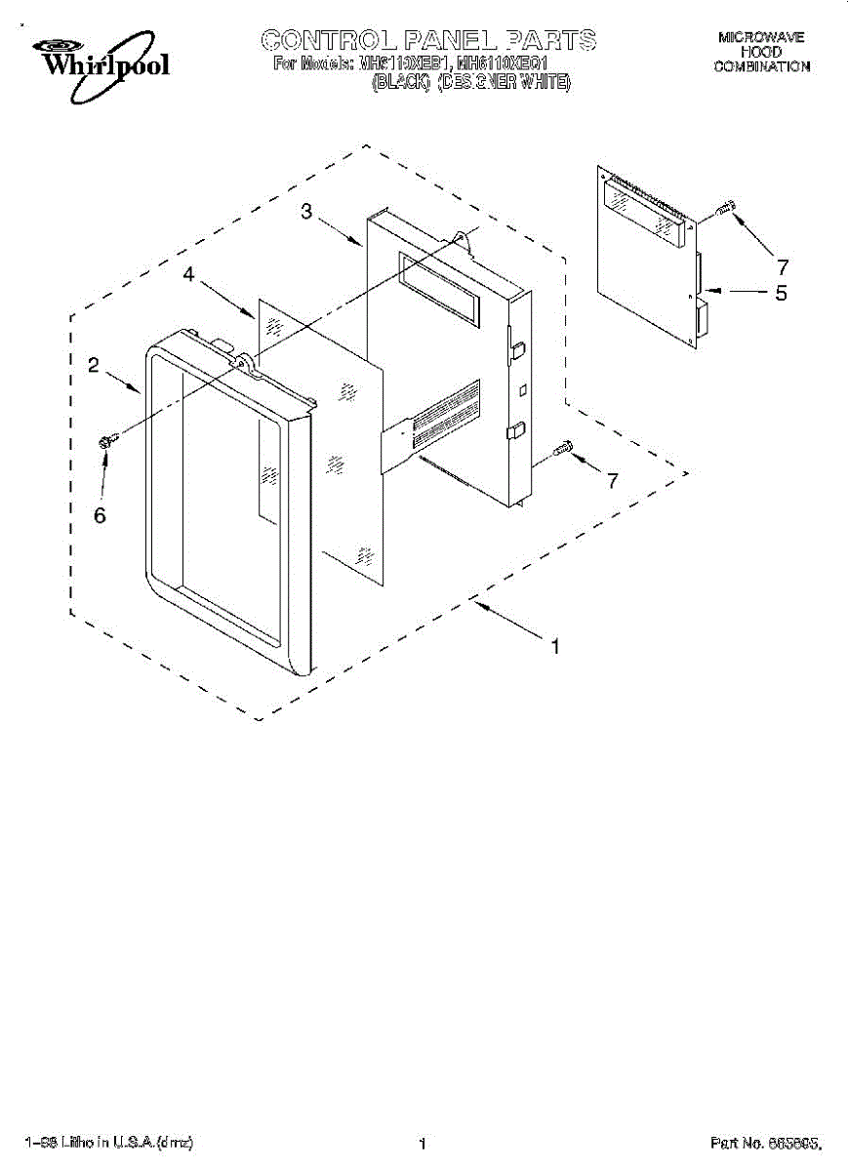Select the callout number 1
point(555,646)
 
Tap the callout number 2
point(94,365)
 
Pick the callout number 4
point(188,276)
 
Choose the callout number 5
point(781,292)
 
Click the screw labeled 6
point(107,441)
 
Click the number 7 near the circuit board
point(782,265)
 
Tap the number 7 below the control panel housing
point(612,480)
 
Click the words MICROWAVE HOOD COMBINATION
point(761,52)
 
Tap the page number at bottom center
point(423,1143)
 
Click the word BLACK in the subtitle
point(401,82)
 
